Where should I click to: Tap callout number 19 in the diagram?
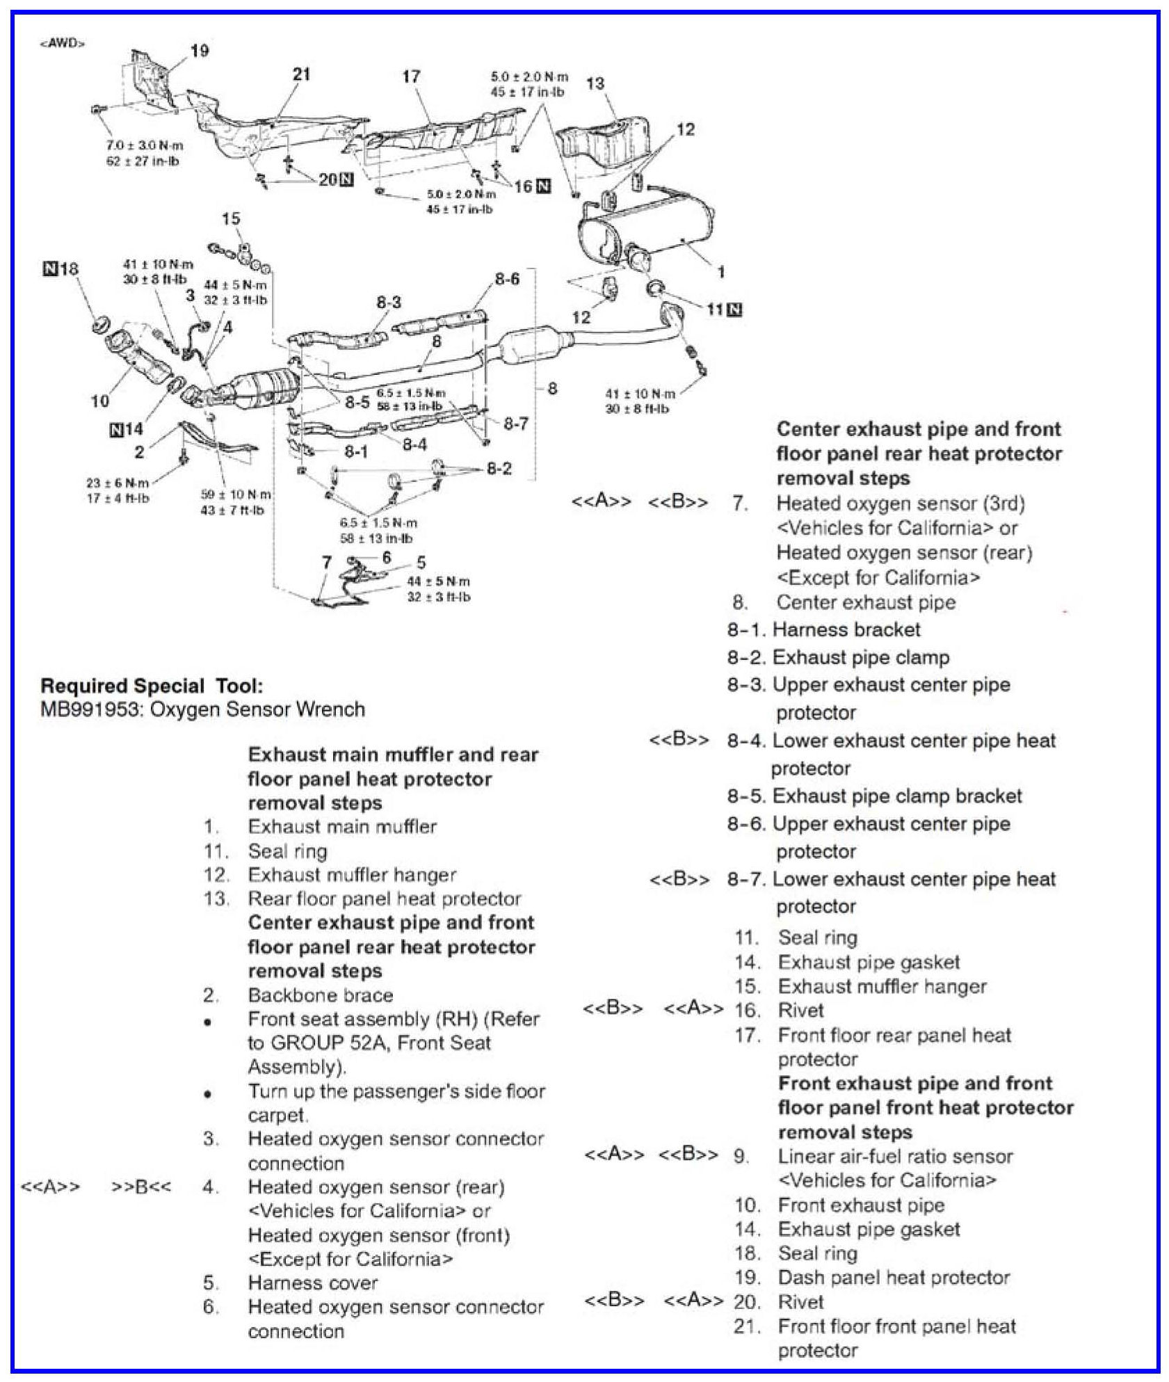pos(200,51)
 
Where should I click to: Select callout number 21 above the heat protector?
pos(301,74)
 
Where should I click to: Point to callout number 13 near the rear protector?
pos(595,84)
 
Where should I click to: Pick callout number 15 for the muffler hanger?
pos(231,218)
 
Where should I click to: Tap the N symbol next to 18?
pos(50,268)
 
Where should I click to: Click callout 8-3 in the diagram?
pos(389,303)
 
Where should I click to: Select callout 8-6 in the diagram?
pos(507,280)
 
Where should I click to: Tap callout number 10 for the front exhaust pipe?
pos(100,401)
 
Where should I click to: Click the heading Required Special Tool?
pos(152,686)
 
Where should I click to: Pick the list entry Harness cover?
pos(313,1283)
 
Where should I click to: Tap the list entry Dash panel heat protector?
pos(894,1278)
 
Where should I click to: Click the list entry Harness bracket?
pos(846,629)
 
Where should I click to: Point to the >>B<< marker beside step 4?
pos(140,1187)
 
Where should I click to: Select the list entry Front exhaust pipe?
pos(861,1205)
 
